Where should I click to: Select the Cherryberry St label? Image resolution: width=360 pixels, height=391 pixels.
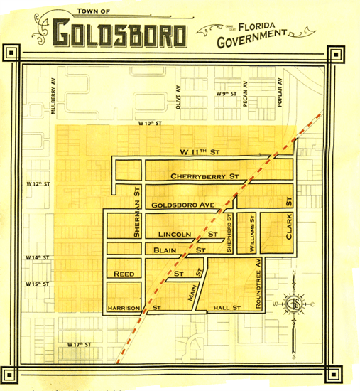203,176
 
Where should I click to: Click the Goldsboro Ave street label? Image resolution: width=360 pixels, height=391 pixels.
182,205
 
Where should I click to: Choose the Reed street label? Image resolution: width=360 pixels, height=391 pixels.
124,274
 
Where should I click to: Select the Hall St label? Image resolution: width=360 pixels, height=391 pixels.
229,308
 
